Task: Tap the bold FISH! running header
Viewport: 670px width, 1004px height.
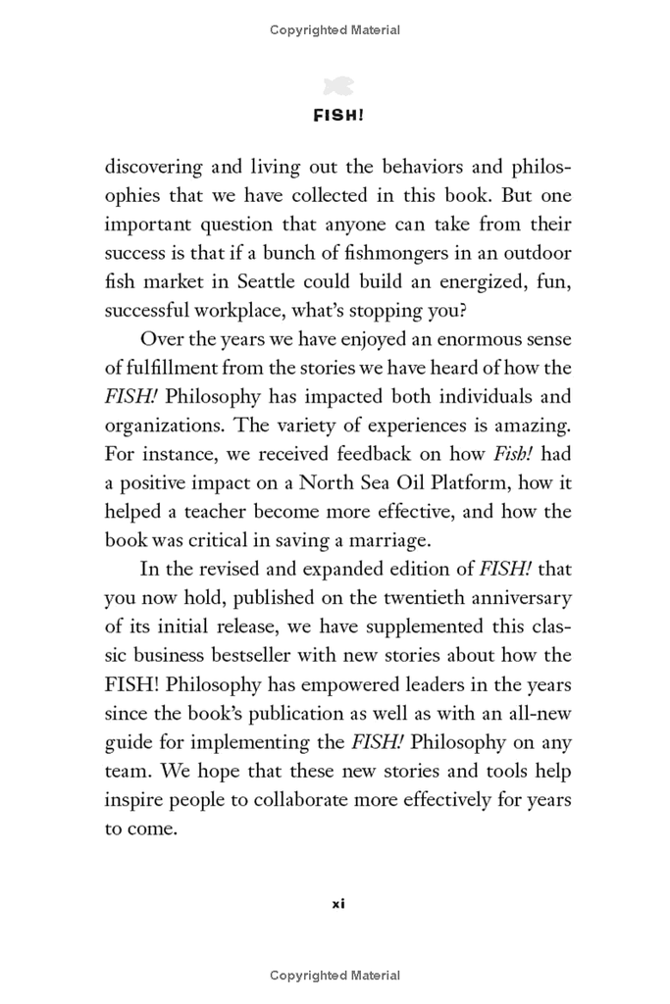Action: click(x=338, y=115)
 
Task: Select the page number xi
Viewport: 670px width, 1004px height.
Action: click(x=337, y=903)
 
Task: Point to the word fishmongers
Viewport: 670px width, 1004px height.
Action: click(x=419, y=253)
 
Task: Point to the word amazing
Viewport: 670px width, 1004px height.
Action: click(x=534, y=426)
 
